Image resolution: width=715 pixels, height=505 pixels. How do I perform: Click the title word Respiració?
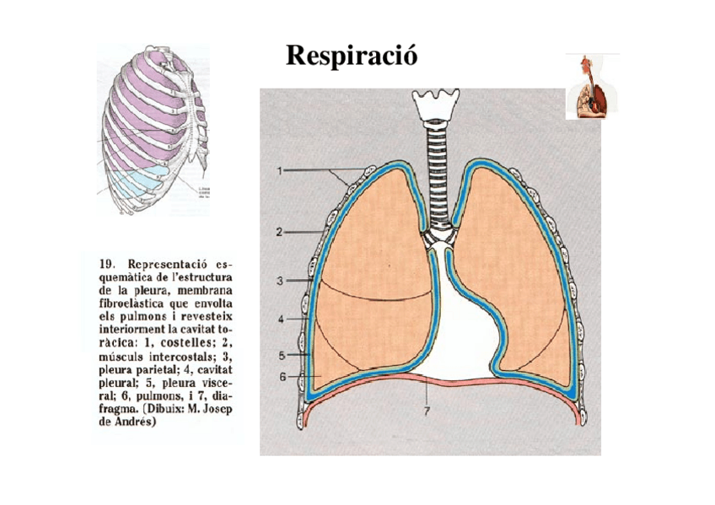coord(352,56)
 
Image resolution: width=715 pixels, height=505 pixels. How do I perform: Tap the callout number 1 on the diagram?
coord(279,170)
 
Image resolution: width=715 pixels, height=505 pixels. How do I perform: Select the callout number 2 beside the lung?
coord(279,230)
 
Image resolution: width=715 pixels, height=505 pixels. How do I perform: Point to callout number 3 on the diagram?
coord(279,280)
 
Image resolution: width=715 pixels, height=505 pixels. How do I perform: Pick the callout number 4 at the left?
coord(279,320)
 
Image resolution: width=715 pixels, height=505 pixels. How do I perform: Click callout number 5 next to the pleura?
coord(279,355)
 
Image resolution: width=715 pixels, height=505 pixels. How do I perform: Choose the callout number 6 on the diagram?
coord(283,377)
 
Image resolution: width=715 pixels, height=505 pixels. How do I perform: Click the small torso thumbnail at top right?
coord(592,86)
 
